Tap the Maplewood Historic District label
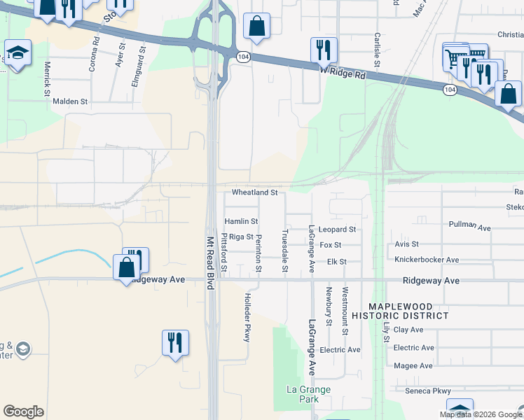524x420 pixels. [x=409, y=311]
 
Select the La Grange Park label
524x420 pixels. [x=308, y=394]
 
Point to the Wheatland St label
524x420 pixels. [x=255, y=192]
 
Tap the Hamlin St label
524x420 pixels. [x=236, y=221]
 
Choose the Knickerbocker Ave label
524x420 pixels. [x=427, y=260]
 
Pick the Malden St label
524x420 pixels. [x=70, y=101]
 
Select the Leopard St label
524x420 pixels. [x=338, y=229]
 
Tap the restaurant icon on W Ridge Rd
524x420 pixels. [x=323, y=50]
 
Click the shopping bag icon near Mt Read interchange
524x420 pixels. [x=257, y=27]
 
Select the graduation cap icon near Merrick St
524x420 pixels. [x=17, y=53]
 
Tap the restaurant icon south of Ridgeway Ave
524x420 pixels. [x=174, y=343]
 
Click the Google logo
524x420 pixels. [x=23, y=412]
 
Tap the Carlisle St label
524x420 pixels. [x=377, y=49]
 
